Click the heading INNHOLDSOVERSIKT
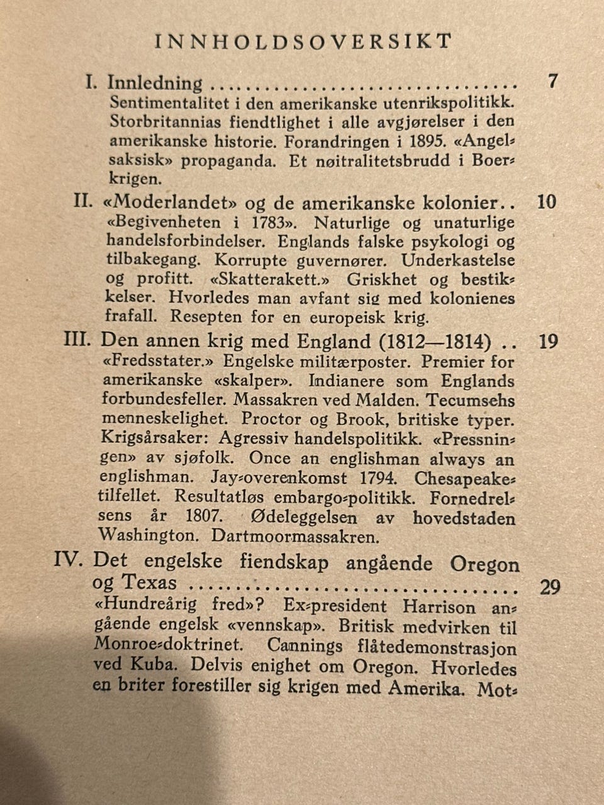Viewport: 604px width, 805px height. [x=303, y=42]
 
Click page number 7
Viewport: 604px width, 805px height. [x=552, y=82]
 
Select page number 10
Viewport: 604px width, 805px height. [x=547, y=203]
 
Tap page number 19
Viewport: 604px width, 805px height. [x=549, y=342]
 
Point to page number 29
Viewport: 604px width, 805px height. [x=550, y=587]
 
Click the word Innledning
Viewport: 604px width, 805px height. [x=155, y=82]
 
